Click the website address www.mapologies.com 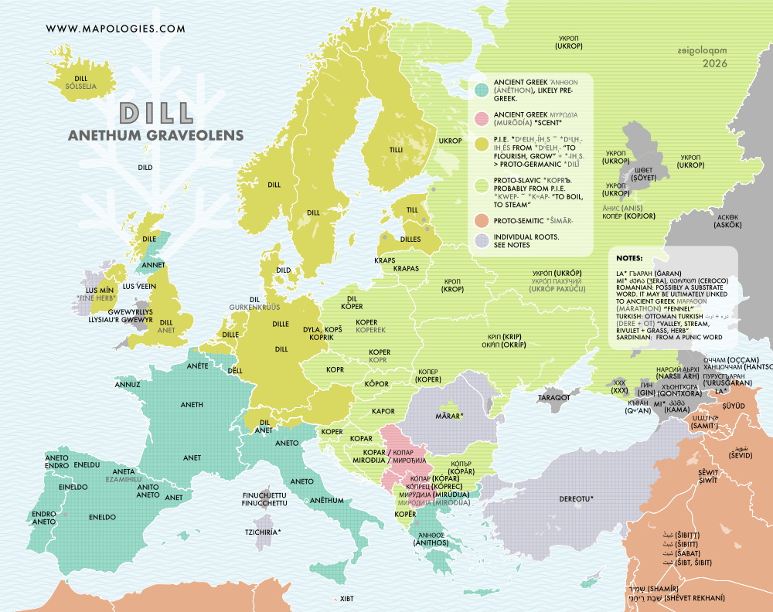pyautogui.click(x=116, y=29)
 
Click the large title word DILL pyautogui.click(x=156, y=113)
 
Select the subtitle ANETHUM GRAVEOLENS pyautogui.click(x=156, y=135)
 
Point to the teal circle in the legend pyautogui.click(x=480, y=90)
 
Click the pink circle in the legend pyautogui.click(x=480, y=118)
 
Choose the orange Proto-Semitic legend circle pyautogui.click(x=480, y=223)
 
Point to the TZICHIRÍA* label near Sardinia pyautogui.click(x=263, y=532)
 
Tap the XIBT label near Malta pyautogui.click(x=346, y=598)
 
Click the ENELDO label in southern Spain pyautogui.click(x=102, y=516)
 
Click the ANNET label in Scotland pyautogui.click(x=154, y=263)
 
